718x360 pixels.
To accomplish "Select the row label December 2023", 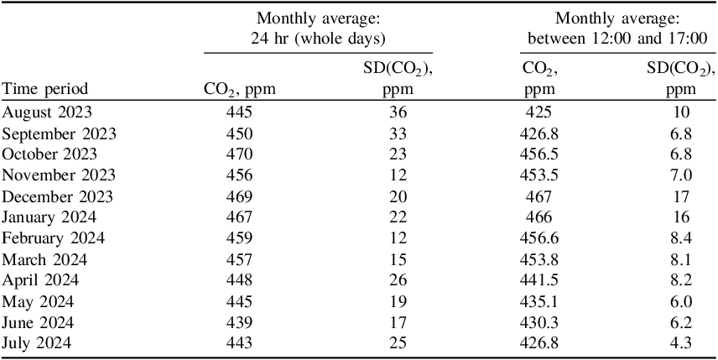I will [x=58, y=197].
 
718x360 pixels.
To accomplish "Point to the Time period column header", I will [x=44, y=89].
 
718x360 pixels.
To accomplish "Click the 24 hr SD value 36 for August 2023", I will [x=398, y=112].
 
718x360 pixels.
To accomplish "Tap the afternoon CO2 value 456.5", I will [x=538, y=154].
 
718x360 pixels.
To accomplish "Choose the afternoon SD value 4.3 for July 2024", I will [x=680, y=342].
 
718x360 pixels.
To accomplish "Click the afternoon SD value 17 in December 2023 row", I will [x=680, y=197].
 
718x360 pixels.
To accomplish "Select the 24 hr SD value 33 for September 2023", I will [x=398, y=133].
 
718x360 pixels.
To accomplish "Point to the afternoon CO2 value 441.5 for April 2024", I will [x=538, y=280].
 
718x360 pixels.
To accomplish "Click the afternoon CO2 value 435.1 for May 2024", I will [x=538, y=301].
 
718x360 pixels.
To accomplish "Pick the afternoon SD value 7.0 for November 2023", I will [x=680, y=175].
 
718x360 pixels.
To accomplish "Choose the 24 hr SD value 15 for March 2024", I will [x=398, y=260].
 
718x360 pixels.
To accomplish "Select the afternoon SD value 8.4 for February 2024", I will [x=680, y=238].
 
